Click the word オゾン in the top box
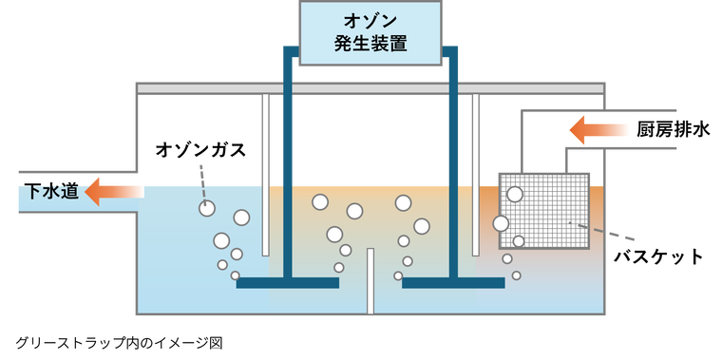(x=370, y=21)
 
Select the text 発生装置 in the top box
(x=370, y=44)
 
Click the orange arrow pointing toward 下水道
(x=114, y=192)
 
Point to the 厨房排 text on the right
(x=669, y=130)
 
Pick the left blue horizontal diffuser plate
(x=287, y=282)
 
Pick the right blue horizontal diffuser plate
(x=453, y=282)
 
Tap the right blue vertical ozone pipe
(x=454, y=171)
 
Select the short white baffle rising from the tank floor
(x=370, y=280)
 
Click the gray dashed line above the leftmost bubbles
(x=201, y=177)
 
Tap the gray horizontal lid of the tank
(x=370, y=88)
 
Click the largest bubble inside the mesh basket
(x=515, y=195)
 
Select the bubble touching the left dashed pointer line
(x=206, y=207)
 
